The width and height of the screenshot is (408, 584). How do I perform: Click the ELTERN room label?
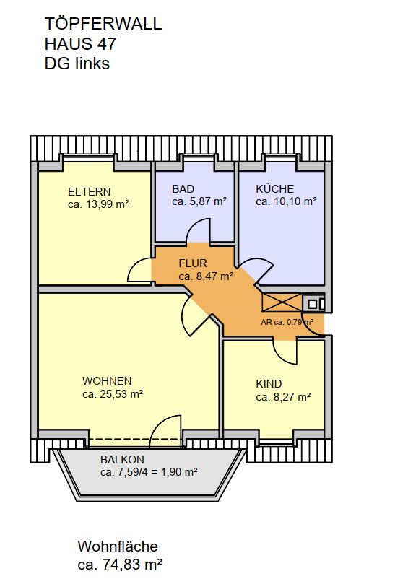pos(89,192)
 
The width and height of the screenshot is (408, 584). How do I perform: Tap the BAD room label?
pos(183,189)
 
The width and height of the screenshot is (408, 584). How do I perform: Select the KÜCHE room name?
pos(274,188)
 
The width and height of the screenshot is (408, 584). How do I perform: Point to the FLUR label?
pos(193,263)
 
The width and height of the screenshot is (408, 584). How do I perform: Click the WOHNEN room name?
pos(107,381)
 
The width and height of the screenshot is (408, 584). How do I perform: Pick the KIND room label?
pos(269,384)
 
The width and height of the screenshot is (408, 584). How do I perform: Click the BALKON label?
pos(122,460)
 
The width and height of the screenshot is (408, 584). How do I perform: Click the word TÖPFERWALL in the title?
pos(103,24)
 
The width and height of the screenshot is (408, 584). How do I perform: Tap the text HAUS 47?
pos(80,43)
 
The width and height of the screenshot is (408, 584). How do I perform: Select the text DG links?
pos(77,64)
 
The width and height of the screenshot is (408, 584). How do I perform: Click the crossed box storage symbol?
pos(282,302)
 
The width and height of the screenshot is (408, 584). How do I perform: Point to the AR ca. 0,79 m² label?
pos(287,322)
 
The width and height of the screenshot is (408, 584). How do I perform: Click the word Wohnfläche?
pos(118,546)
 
